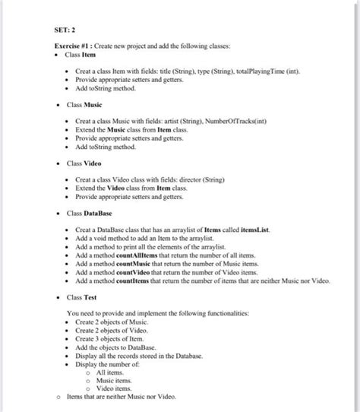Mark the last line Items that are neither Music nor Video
(x=122, y=396)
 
